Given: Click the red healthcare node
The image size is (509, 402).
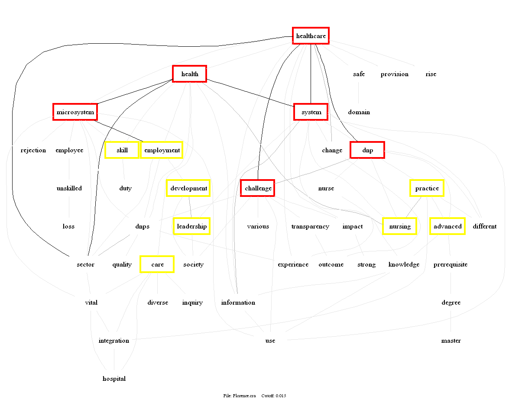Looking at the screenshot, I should point(311,36).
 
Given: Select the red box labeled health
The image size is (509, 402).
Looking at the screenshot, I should point(190,74).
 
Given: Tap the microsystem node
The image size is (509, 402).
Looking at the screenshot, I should point(75,112).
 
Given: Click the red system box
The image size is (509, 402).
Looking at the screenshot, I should point(311,112).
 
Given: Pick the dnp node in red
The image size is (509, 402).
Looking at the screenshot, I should point(367,150).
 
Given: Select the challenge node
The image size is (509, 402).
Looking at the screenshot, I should point(258,188).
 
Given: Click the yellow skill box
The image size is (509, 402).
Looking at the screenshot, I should point(122,150).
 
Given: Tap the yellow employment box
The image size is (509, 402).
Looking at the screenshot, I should point(162,150).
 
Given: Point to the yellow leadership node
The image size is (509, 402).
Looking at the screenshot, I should point(191,226).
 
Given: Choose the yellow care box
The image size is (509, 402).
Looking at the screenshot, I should point(157,264).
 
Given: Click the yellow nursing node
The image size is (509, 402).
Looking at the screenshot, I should point(400,226).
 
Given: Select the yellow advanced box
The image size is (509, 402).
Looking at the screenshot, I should point(447,226).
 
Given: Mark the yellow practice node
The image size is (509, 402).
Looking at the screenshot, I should point(427,188).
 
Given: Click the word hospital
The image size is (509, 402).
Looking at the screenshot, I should point(114,379).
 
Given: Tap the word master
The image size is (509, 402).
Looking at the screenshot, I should point(451,341).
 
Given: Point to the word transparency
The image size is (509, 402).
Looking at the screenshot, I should point(310,226).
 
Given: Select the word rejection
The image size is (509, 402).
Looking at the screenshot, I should point(33,150).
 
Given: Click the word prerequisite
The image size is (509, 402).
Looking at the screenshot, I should point(451,264).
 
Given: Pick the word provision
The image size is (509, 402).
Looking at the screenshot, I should point(395,74).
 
